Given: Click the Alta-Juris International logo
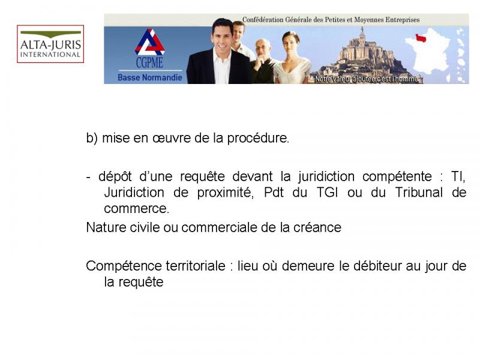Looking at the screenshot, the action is [50, 44].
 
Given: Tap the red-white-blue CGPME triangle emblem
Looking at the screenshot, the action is [149, 42].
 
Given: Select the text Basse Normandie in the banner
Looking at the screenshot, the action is [149, 77].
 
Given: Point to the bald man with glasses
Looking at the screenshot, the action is [263, 61].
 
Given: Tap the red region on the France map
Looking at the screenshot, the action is [421, 38].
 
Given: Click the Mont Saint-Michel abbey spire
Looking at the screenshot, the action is [362, 31].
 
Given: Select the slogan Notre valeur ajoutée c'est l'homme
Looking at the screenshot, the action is [366, 79].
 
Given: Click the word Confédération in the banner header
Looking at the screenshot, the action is [263, 20].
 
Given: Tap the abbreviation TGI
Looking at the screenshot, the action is [327, 193].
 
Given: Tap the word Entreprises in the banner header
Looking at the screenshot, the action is [403, 20].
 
